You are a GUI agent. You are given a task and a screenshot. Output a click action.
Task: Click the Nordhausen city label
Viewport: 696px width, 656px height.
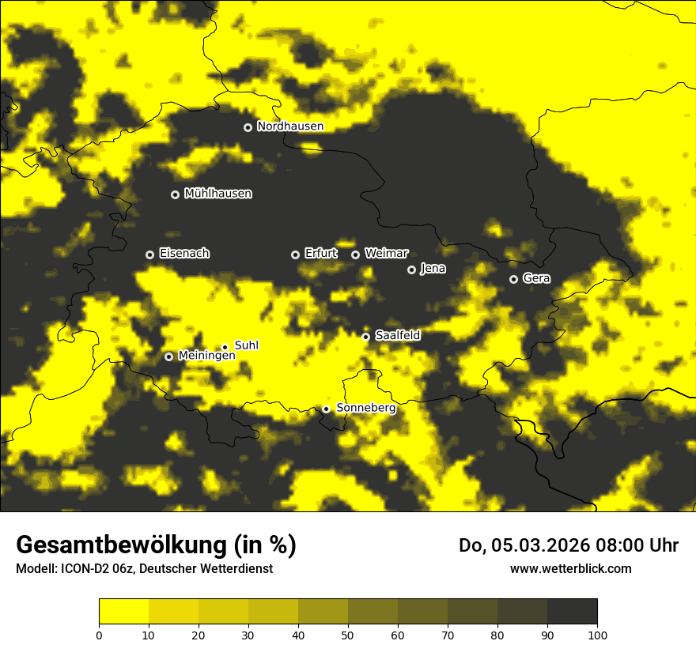coord(290,126)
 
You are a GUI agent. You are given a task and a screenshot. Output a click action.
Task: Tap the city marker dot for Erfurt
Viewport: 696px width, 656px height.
coord(295,254)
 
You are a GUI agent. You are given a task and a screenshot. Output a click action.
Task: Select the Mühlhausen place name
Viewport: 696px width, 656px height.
coord(217,194)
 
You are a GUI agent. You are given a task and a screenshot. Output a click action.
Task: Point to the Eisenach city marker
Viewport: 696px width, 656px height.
coord(149,254)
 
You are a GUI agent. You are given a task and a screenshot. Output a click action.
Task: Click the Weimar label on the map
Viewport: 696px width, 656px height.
coord(386,254)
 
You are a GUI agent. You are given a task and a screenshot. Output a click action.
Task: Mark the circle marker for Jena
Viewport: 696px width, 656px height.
coord(411,270)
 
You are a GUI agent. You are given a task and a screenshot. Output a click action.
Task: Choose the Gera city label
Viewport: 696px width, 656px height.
coord(535,278)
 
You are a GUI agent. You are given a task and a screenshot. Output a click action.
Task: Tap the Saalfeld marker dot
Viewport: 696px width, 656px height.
coord(365,337)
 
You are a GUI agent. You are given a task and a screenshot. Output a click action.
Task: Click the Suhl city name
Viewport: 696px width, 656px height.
coord(246,345)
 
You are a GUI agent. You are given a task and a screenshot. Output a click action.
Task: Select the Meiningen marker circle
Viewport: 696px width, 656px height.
coord(168,356)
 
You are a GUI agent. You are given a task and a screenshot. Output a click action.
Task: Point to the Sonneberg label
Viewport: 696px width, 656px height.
coord(365,408)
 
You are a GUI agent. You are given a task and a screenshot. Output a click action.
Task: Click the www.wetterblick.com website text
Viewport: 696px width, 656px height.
coord(570,569)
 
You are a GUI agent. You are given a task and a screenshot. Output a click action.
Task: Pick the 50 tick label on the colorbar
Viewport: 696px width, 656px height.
coord(348,635)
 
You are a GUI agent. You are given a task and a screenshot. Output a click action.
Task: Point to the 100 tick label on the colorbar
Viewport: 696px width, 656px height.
coord(597,635)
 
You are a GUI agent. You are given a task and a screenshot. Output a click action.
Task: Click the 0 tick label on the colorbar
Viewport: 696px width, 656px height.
coord(99,635)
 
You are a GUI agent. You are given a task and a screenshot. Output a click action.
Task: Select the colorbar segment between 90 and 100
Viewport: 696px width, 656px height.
coord(572,611)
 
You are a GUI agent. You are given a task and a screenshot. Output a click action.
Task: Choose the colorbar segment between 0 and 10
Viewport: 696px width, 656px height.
coord(123,611)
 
